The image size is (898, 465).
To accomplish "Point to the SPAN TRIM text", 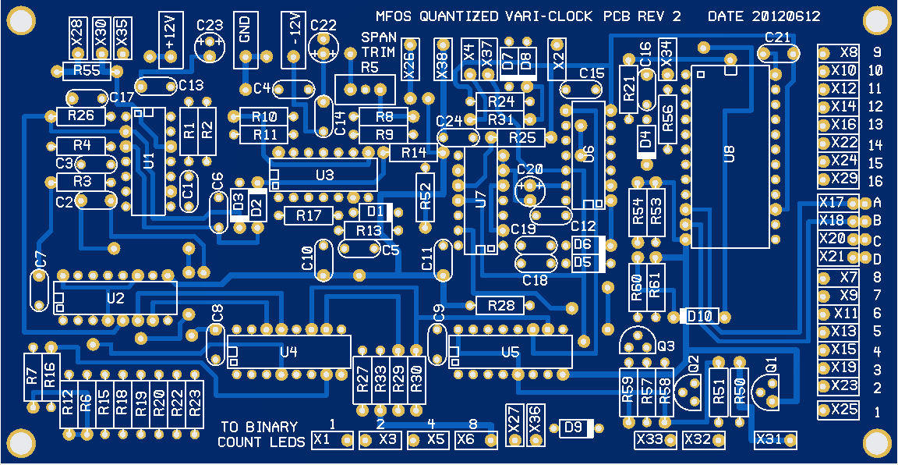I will coord(378,45).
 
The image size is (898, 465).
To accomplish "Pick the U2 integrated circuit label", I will coord(115,298).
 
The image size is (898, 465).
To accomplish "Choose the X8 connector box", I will coord(839,53).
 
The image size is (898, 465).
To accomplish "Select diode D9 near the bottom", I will coord(578,427).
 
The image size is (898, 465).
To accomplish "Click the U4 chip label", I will coord(288,352).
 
